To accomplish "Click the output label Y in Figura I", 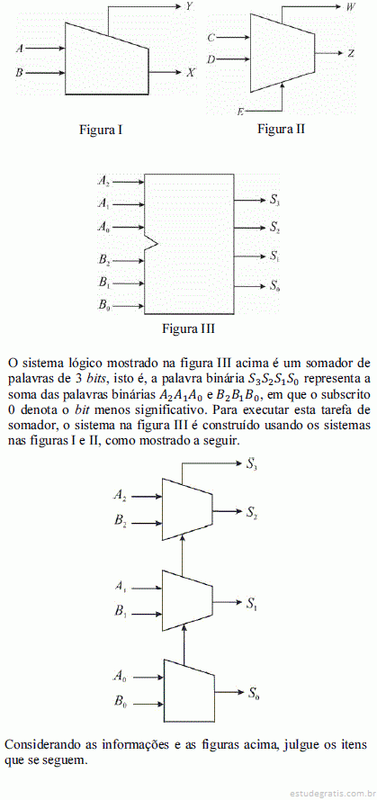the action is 189,6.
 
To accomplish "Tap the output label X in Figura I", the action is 190,73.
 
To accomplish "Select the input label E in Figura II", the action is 239,111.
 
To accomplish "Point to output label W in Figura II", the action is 351,6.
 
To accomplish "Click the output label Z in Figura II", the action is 351,53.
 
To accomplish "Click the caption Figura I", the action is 101,130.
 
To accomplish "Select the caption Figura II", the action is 281,129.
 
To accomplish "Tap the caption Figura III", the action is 188,328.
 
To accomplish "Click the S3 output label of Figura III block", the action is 274,200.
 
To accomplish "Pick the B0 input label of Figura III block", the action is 104,306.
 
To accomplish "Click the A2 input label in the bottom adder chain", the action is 121,494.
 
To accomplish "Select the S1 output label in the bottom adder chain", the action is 252,604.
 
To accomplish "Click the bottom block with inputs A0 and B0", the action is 189,690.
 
